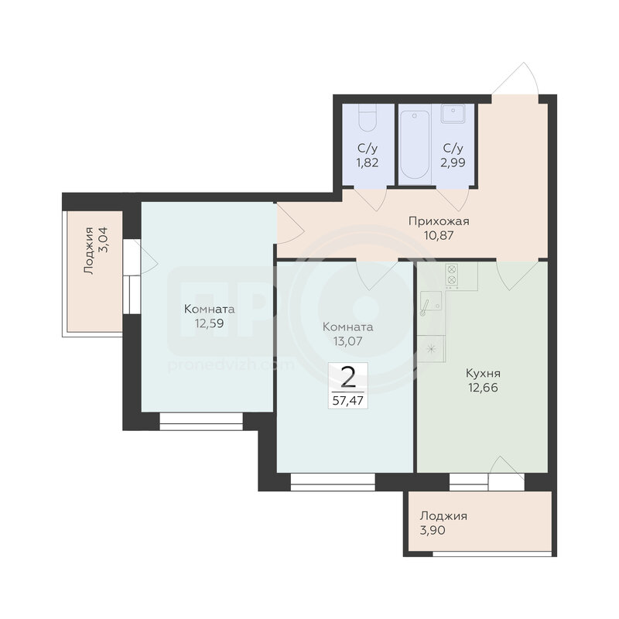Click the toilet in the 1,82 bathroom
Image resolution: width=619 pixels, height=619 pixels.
click(x=368, y=118)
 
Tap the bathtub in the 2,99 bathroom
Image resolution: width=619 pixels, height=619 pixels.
click(x=415, y=145)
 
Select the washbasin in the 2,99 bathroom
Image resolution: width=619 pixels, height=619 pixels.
click(x=453, y=114)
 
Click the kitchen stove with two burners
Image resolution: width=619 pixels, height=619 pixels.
click(x=452, y=275)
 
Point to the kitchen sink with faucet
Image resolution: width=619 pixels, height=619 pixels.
click(x=431, y=302)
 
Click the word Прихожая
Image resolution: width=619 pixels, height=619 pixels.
click(x=439, y=221)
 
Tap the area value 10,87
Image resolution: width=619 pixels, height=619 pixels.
click(x=439, y=236)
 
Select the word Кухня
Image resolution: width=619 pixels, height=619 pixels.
click(x=483, y=374)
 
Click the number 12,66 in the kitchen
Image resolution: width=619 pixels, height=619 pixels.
click(x=483, y=388)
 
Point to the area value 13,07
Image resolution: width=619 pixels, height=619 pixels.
click(x=347, y=341)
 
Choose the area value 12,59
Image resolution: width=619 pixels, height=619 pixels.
click(x=209, y=323)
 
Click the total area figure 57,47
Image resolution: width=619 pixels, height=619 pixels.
click(x=347, y=401)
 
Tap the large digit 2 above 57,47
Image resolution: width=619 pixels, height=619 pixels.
click(x=347, y=378)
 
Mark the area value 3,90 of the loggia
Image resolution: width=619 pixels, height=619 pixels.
click(x=433, y=530)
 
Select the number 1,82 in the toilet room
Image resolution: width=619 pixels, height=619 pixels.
click(x=368, y=162)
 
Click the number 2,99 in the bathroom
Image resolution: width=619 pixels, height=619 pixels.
click(x=453, y=162)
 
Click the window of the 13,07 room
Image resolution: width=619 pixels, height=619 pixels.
click(x=333, y=482)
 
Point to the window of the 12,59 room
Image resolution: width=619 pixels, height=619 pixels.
click(x=201, y=422)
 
